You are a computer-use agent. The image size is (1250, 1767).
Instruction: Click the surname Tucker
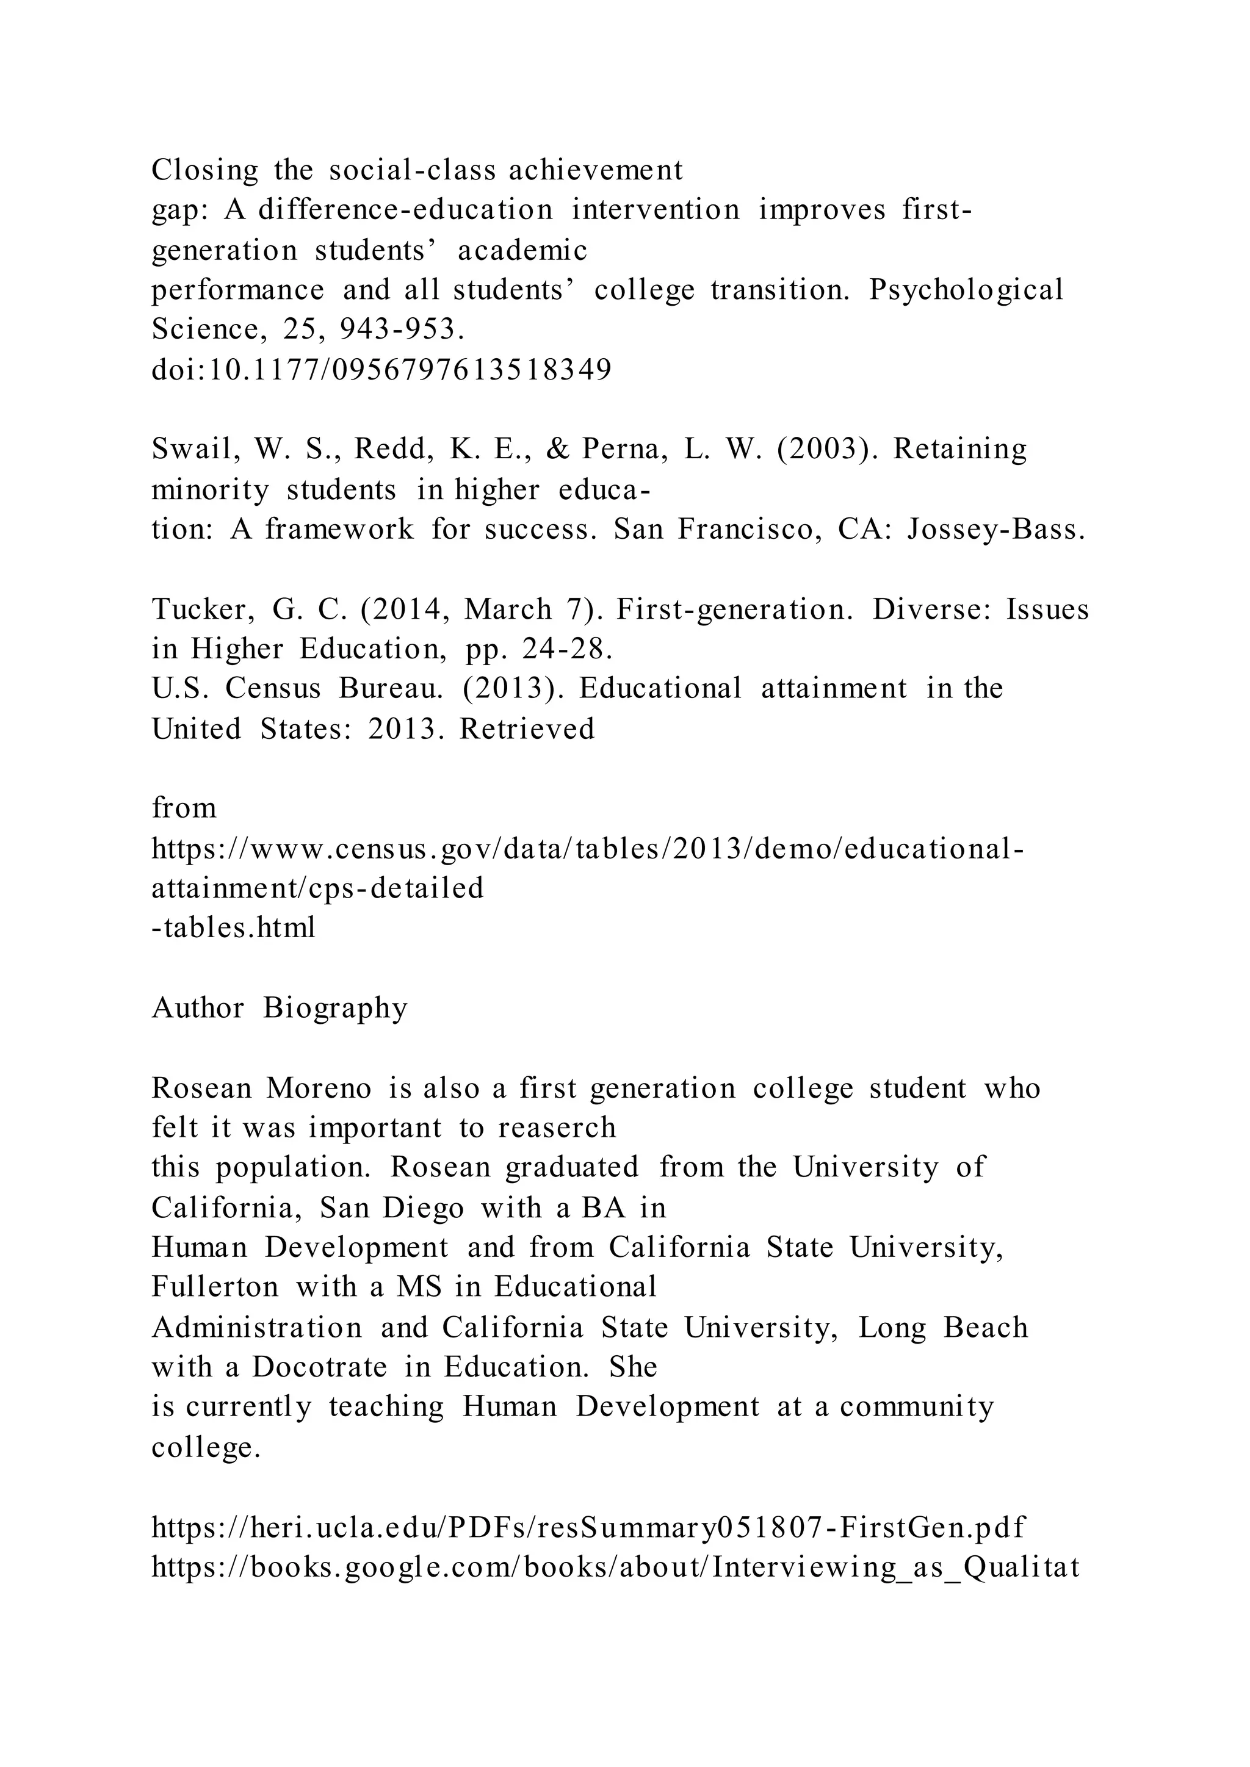tap(201, 610)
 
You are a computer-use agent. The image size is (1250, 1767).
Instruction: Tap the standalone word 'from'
tap(184, 808)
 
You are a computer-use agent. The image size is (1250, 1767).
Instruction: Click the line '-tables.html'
tap(233, 928)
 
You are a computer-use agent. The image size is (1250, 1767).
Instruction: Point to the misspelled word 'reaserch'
tap(557, 1128)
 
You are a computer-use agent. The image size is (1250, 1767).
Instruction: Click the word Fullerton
tap(215, 1287)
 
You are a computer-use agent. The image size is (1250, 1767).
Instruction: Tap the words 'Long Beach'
tap(943, 1328)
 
